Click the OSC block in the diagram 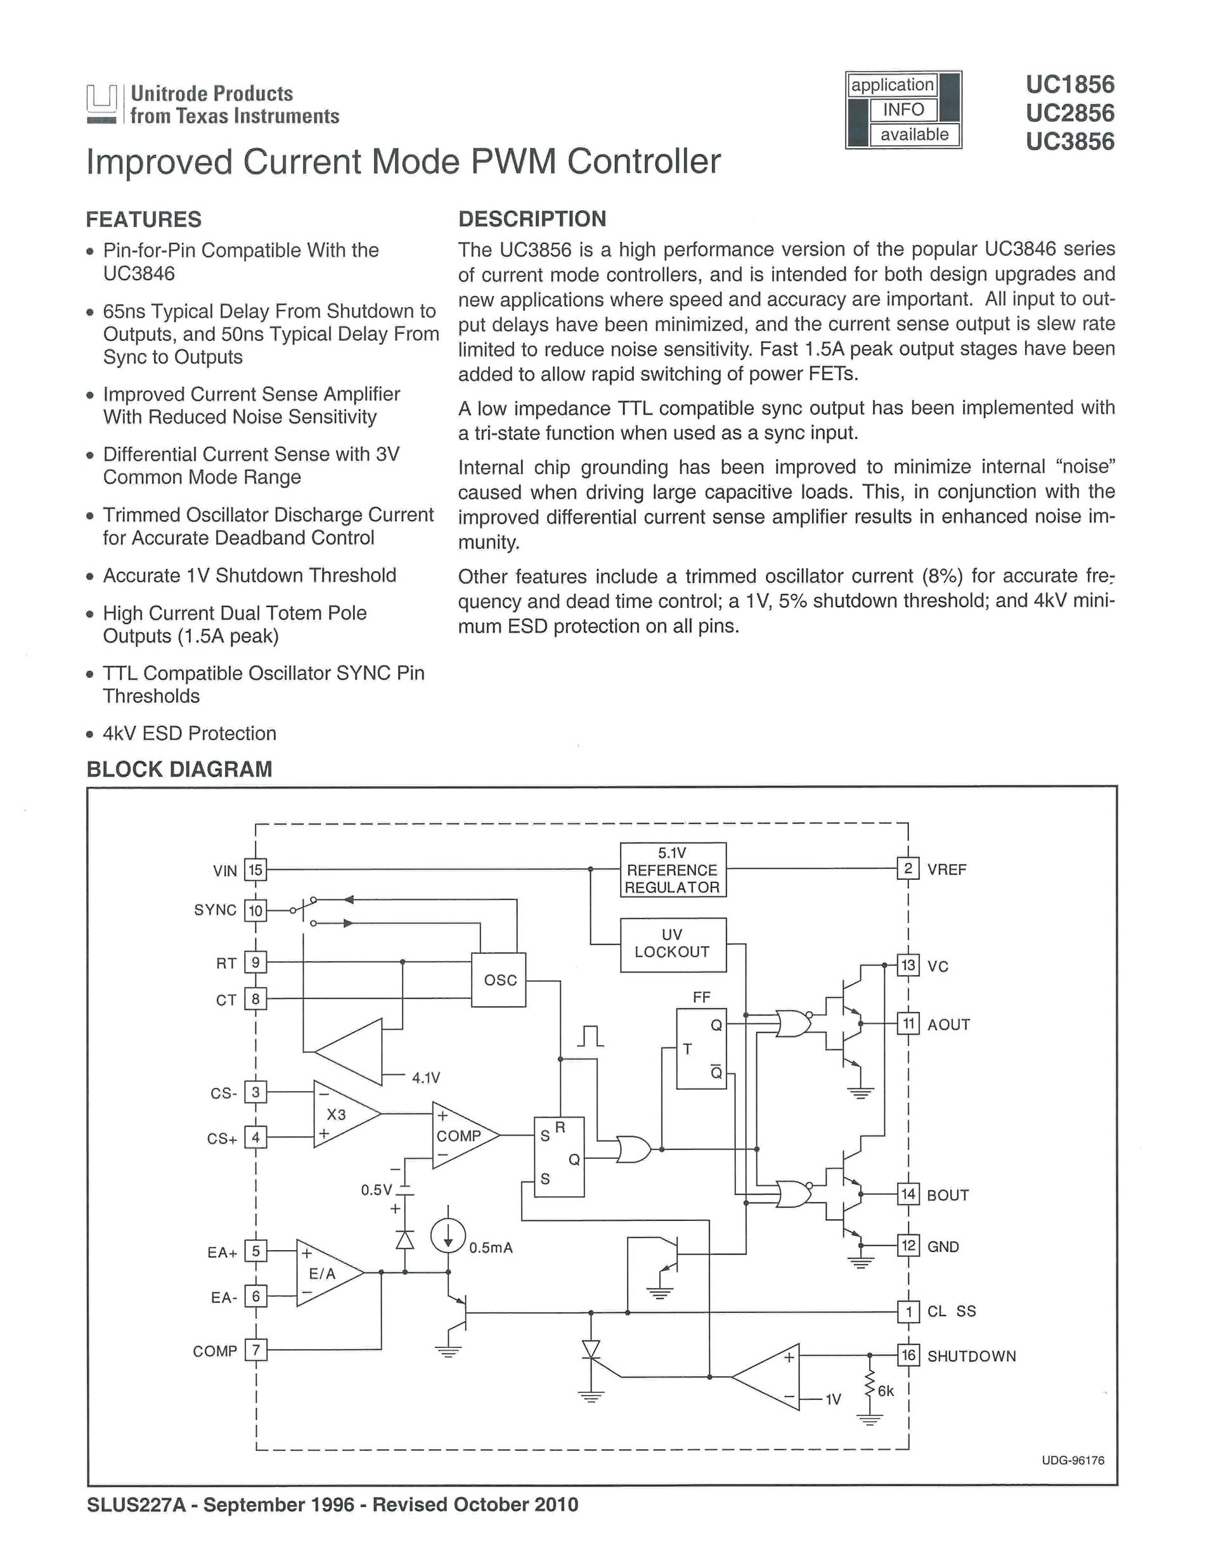499,979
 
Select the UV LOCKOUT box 672,944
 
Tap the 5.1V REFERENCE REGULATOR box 672,870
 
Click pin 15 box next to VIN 255,870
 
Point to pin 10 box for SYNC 255,910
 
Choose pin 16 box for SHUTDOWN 908,1355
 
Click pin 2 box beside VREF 908,869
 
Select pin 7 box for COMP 255,1350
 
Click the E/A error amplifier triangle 325,1273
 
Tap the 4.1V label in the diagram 426,1078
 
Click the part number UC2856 1069,113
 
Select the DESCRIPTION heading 532,219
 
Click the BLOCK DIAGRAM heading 179,770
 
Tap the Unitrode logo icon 101,104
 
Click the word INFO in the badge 903,110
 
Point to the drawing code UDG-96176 1073,1461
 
